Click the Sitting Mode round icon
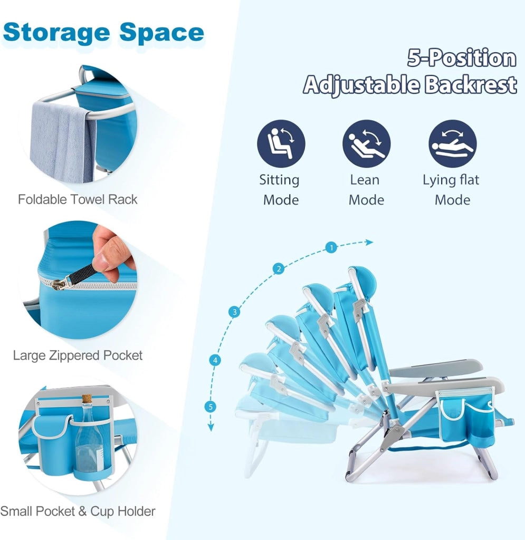click(281, 143)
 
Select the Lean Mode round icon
click(366, 143)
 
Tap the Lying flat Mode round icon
click(452, 143)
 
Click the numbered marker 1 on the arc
click(331, 247)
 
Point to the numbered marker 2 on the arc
click(279, 268)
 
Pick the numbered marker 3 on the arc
click(235, 312)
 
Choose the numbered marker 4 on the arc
click(215, 360)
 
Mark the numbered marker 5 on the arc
click(211, 407)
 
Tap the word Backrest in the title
click(471, 84)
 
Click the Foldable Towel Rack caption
click(78, 199)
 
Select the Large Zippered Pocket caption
click(78, 355)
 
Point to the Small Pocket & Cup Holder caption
click(78, 511)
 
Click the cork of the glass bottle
click(87, 400)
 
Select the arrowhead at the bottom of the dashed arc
click(211, 428)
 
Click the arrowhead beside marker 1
click(369, 243)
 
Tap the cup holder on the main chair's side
click(481, 437)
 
